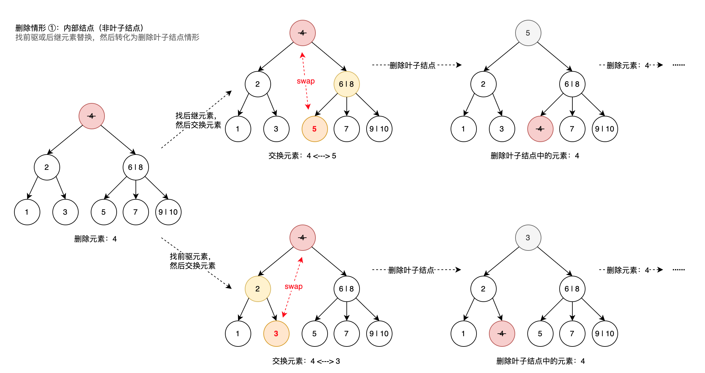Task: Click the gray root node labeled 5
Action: coord(528,33)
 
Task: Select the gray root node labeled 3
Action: coord(528,238)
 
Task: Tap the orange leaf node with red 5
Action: coord(314,129)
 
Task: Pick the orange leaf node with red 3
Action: coord(276,334)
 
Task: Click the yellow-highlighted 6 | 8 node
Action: coord(346,84)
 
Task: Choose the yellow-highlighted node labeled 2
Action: coord(258,289)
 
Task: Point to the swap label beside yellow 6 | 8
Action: coord(306,81)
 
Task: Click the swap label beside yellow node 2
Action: coord(293,287)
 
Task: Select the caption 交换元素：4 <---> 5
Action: coord(302,156)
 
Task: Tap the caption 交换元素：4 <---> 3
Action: coord(306,361)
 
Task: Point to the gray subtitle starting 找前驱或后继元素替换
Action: coord(107,37)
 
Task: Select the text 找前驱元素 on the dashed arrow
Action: coord(190,256)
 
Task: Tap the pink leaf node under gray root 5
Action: coord(540,129)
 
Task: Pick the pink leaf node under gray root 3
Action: coord(502,334)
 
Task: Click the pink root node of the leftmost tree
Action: coord(92,116)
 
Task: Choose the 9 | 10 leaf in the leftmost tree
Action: coord(168,212)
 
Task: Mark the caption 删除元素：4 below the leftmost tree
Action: coord(95,239)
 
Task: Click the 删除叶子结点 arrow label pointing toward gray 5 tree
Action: coord(412,66)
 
